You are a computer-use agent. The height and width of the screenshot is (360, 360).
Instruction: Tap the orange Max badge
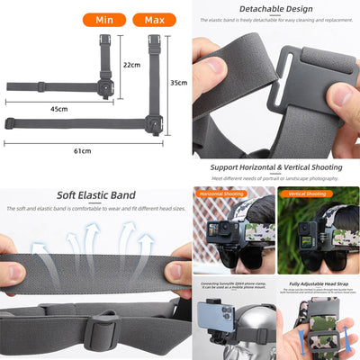point(154,19)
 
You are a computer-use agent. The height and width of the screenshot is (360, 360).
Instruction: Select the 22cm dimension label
point(131,65)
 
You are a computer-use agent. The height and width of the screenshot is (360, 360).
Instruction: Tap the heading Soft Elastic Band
point(95,194)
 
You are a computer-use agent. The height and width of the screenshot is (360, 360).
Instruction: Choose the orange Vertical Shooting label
point(308,193)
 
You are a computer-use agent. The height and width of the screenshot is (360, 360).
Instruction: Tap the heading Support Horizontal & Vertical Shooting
point(275,168)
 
